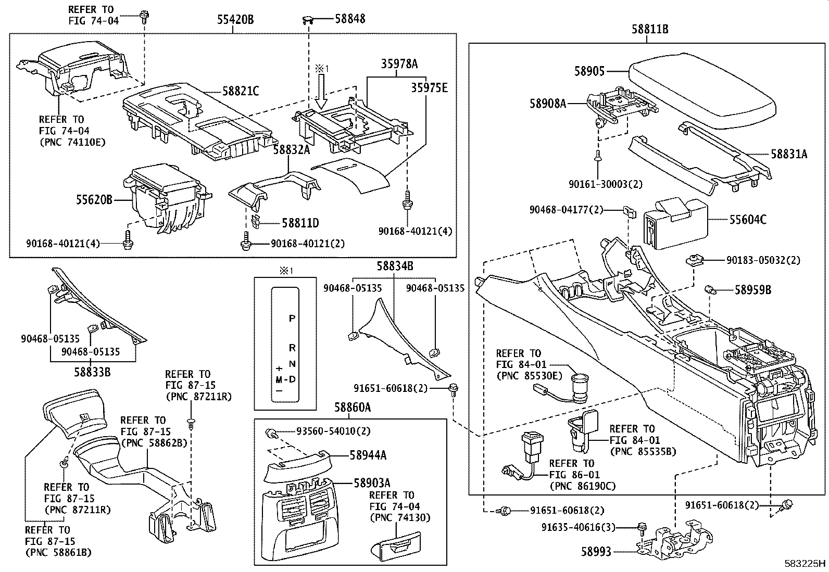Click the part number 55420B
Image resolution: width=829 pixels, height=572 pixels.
click(x=235, y=20)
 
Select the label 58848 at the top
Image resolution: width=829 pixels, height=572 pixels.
click(x=350, y=19)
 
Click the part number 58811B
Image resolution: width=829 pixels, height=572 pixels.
click(x=650, y=30)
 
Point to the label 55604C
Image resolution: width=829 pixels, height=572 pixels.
click(x=747, y=220)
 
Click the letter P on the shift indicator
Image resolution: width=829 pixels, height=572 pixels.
click(x=292, y=319)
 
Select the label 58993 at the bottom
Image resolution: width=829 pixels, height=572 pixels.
click(x=596, y=552)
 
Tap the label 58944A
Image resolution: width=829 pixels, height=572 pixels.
click(x=368, y=455)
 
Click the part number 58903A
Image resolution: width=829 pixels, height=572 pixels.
click(x=372, y=483)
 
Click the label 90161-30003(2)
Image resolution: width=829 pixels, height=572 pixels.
click(x=606, y=184)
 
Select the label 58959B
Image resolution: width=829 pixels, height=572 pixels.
click(x=752, y=290)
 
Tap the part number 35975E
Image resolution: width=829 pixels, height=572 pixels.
click(x=430, y=87)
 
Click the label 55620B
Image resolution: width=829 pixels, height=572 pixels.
click(x=95, y=199)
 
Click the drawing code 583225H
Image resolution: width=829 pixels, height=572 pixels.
click(x=806, y=563)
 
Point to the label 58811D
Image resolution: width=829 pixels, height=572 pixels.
click(x=300, y=223)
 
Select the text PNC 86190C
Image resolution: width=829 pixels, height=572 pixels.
click(x=582, y=486)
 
